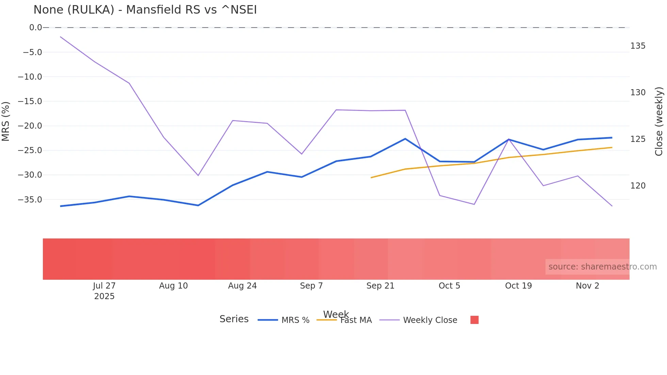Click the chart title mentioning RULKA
pyautogui.click(x=145, y=10)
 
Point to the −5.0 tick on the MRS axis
pyautogui.click(x=32, y=52)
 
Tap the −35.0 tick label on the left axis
pyautogui.click(x=30, y=200)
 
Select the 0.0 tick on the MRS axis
pyautogui.click(x=35, y=28)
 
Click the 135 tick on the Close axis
pyautogui.click(x=638, y=46)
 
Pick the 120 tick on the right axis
pyautogui.click(x=638, y=186)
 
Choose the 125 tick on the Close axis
pyautogui.click(x=638, y=139)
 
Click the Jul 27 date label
pyautogui.click(x=104, y=286)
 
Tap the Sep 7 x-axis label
pyautogui.click(x=311, y=286)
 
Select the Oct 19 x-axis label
pyautogui.click(x=518, y=286)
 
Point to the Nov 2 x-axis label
pyautogui.click(x=587, y=286)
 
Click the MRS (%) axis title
pyautogui.click(x=6, y=121)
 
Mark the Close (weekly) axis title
pyautogui.click(x=659, y=121)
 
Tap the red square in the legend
pyautogui.click(x=474, y=320)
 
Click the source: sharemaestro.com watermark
pyautogui.click(x=602, y=267)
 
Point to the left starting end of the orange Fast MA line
pyautogui.click(x=371, y=178)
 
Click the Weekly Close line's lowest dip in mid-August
pyautogui.click(x=198, y=176)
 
